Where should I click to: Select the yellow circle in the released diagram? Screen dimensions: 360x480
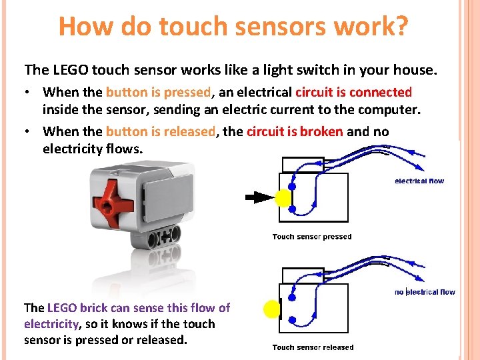tap(272, 309)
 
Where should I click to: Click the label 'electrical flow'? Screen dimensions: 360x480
tap(419, 181)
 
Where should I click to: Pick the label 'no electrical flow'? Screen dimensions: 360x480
tap(425, 292)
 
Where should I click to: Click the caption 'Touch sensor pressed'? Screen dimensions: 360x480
tap(312, 237)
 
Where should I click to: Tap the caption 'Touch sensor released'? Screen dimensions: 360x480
tap(313, 347)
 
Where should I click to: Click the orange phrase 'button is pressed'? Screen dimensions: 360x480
tap(158, 92)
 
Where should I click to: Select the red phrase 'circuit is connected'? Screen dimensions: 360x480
tap(353, 92)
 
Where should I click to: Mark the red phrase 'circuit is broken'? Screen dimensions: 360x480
tap(295, 131)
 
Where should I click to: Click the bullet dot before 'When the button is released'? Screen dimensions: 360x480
tap(29, 131)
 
